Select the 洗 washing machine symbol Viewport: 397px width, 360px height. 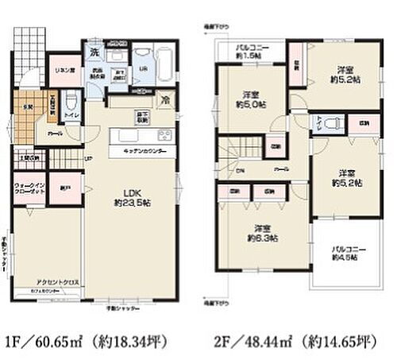point(94,52)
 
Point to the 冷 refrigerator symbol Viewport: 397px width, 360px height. point(165,101)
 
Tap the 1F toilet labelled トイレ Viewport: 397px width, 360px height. point(71,108)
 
